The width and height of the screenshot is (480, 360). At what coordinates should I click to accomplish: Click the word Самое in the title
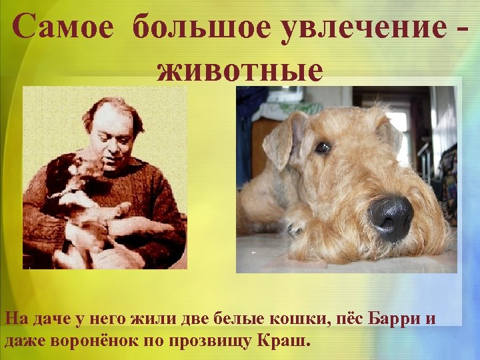point(64,28)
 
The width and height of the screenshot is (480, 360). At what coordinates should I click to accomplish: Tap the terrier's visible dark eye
point(323,147)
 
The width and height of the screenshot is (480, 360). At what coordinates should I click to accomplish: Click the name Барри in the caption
point(394,319)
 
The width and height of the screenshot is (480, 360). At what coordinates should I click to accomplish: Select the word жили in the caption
point(157,319)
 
